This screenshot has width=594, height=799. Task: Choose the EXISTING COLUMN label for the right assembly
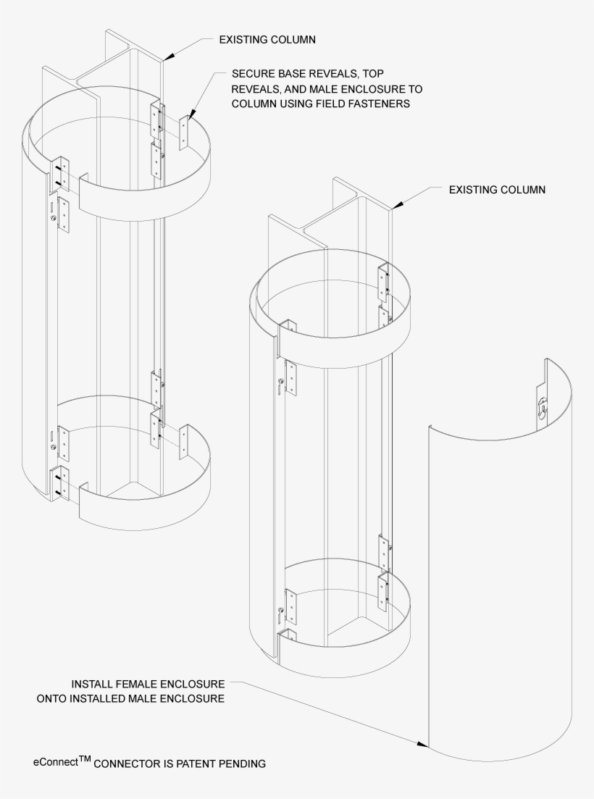(497, 189)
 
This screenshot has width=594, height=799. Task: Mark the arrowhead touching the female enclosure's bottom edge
(424, 743)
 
